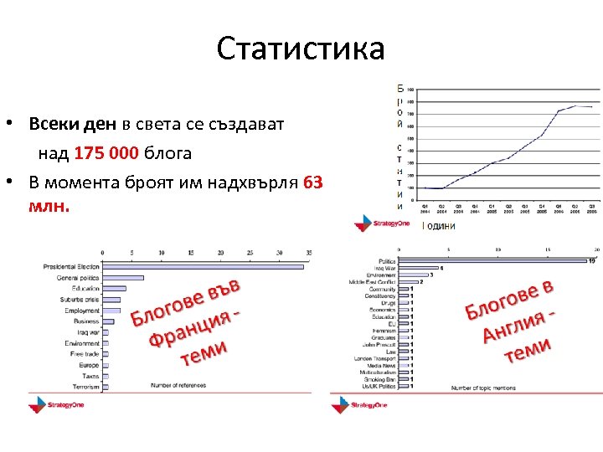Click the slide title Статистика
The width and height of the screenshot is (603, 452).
click(x=301, y=49)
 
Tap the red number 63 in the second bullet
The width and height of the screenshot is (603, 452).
click(x=312, y=182)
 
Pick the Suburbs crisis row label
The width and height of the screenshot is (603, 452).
click(x=79, y=300)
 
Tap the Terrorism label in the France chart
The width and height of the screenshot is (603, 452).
click(x=85, y=387)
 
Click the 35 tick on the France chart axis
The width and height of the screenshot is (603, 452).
click(x=309, y=252)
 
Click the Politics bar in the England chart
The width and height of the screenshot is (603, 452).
click(x=494, y=261)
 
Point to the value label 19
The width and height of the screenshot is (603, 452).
click(x=591, y=261)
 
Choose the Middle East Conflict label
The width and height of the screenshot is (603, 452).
click(x=372, y=282)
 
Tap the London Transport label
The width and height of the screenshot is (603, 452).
click(x=376, y=358)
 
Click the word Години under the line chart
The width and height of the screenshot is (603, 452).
click(x=438, y=225)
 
